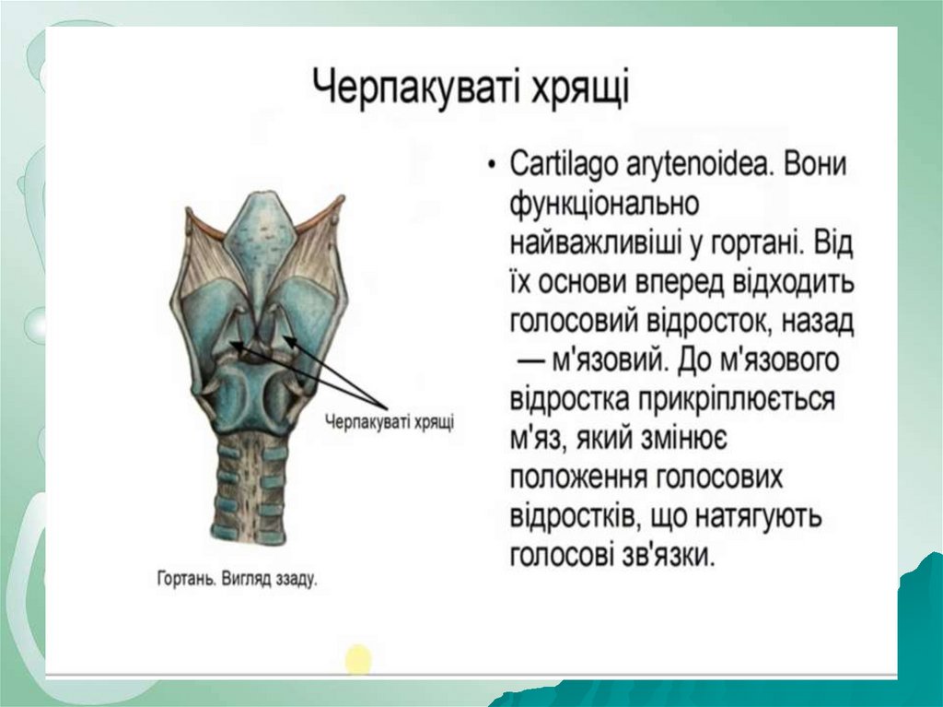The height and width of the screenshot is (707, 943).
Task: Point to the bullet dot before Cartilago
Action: tap(494, 166)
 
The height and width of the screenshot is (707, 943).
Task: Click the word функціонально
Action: tap(604, 205)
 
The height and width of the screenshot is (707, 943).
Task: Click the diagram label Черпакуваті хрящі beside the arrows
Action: tap(390, 421)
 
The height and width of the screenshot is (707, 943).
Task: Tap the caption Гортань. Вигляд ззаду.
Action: tap(237, 579)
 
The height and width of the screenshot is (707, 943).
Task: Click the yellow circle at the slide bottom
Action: tap(358, 659)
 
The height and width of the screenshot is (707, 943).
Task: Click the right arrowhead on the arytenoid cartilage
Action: tap(287, 339)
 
